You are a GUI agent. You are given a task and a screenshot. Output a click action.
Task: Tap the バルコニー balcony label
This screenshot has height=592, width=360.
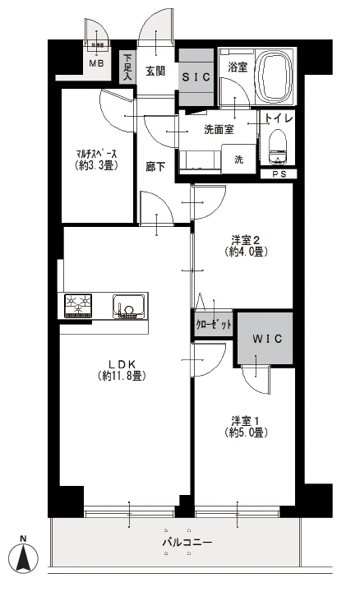click(x=187, y=543)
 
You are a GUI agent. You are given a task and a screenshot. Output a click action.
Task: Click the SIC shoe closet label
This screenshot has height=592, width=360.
click(x=196, y=76)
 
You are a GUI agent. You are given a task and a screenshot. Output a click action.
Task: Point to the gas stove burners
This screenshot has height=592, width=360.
click(x=80, y=306)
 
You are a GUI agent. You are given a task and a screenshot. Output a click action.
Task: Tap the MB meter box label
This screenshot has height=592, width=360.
click(x=97, y=62)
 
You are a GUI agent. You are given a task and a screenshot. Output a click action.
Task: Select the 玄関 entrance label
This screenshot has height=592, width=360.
click(x=156, y=71)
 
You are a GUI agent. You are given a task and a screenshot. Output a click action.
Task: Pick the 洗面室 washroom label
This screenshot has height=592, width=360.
click(x=219, y=128)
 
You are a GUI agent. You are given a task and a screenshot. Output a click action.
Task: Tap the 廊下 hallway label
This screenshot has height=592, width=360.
click(x=155, y=167)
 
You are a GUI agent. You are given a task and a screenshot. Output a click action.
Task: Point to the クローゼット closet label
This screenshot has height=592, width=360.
click(x=215, y=325)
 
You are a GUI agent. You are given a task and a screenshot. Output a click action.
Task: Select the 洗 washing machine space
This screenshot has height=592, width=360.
click(x=238, y=159)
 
